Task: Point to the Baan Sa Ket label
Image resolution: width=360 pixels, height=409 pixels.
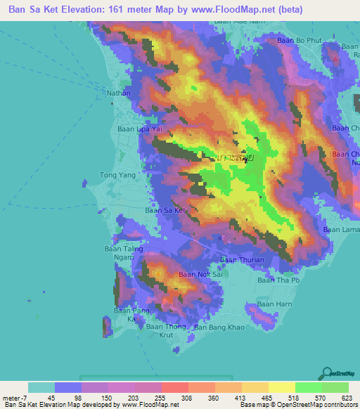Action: [165, 210]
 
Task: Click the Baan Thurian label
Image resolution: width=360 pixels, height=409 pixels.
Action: [242, 260]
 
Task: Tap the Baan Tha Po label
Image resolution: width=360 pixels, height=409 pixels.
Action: [278, 280]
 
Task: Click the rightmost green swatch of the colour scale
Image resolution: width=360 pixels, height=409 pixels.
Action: [335, 387]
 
